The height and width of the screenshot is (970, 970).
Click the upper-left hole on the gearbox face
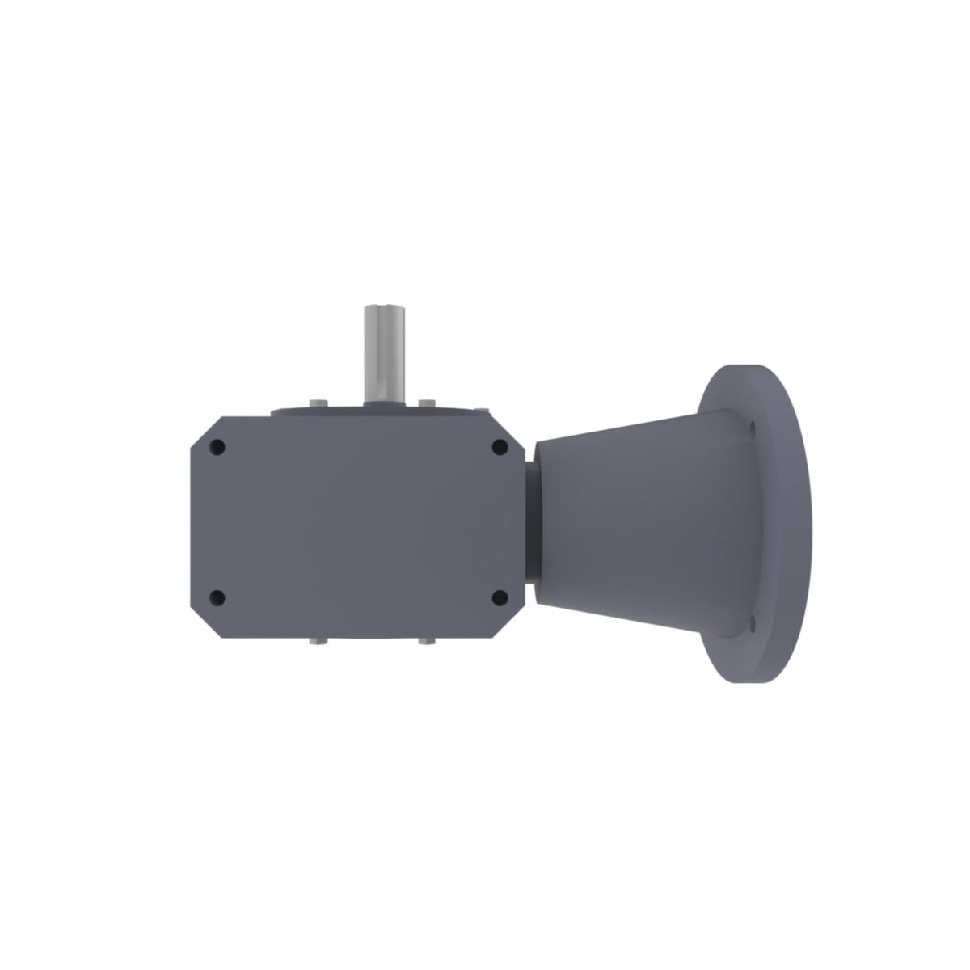[217, 447]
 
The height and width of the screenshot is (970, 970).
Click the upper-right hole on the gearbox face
[500, 447]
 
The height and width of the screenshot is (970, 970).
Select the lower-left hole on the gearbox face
[217, 598]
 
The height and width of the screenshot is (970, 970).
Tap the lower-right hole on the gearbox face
[500, 598]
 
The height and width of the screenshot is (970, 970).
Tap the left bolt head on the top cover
[317, 405]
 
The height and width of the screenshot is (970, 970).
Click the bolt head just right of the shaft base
[426, 403]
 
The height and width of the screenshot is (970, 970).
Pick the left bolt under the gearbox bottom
[317, 643]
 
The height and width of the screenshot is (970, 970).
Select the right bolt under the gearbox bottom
[426, 643]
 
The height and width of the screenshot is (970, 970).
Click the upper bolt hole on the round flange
[753, 427]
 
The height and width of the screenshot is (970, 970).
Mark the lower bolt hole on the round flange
[753, 623]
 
